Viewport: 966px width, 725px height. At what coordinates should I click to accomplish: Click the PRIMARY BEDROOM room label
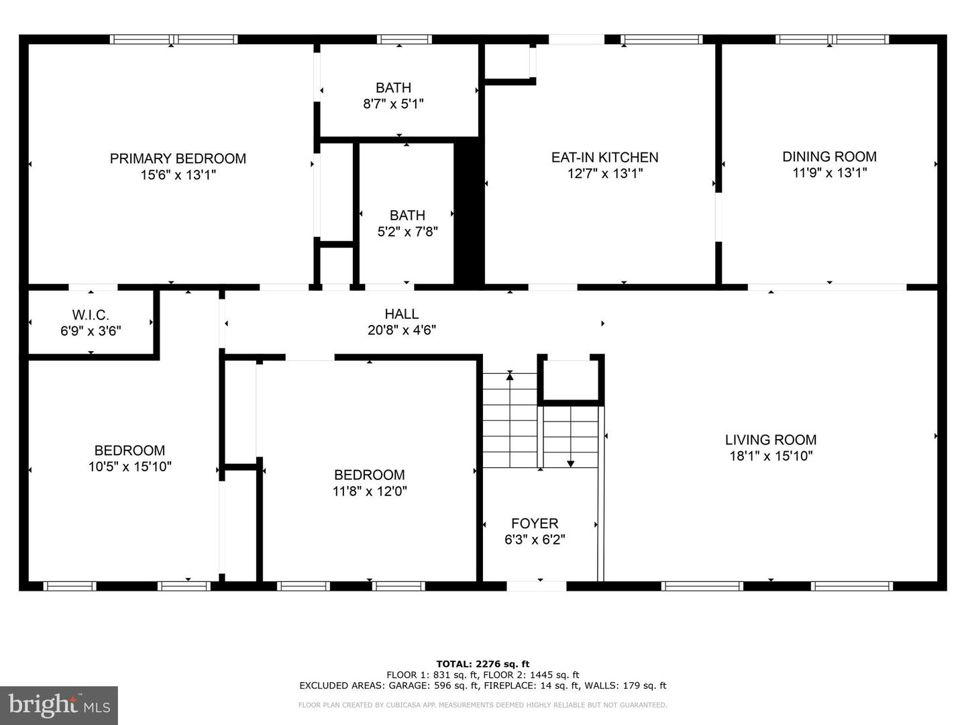pos(178,158)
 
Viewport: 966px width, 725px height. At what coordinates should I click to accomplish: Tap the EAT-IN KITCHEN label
pos(604,157)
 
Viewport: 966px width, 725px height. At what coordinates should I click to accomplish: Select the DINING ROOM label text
pos(829,156)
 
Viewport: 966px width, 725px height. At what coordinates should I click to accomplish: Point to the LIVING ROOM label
pos(771,440)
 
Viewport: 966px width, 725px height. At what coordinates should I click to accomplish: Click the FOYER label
pos(535,524)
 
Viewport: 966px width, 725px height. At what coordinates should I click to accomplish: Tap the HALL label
pos(402,313)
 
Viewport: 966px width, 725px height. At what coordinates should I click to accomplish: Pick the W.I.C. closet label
pos(91,315)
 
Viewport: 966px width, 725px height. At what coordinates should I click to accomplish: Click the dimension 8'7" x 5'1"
pos(393,104)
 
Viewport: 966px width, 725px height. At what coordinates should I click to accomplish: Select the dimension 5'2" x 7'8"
pos(407,232)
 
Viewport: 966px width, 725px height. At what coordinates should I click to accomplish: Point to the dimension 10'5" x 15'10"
pos(129,467)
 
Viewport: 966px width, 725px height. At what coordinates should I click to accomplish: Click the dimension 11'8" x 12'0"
pos(370,491)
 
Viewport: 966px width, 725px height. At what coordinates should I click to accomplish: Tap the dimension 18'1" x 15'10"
pos(771,456)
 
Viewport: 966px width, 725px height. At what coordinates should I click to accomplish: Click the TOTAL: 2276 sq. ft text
pos(482,664)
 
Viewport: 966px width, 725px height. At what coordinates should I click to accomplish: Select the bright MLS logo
pos(59,705)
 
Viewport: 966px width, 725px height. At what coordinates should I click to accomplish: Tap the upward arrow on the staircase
pos(510,376)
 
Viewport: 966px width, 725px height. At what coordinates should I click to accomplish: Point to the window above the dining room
pos(832,40)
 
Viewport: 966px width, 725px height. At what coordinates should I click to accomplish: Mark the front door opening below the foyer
pos(536,586)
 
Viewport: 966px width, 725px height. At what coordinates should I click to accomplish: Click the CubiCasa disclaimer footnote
pos(482,705)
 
